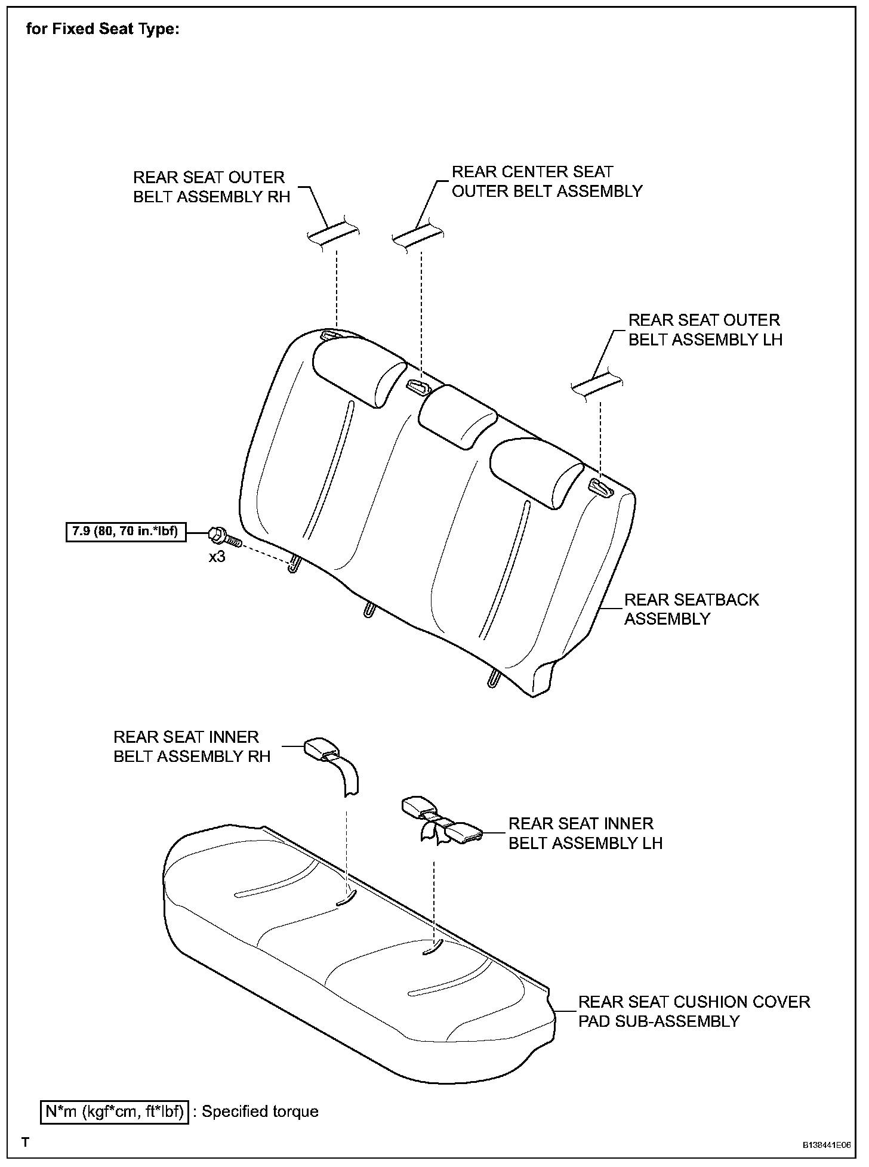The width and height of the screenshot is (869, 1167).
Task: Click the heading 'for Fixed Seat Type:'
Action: pos(102,29)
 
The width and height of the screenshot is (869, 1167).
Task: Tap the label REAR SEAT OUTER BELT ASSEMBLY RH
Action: pos(211,187)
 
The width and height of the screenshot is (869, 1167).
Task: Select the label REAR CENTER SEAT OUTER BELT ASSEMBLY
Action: pos(546,181)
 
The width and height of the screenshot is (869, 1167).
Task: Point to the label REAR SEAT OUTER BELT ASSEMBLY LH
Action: pos(705,329)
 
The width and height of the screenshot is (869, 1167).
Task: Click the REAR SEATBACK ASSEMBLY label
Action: pos(691,609)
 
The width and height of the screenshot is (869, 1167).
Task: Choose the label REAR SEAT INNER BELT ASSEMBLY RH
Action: pos(192,746)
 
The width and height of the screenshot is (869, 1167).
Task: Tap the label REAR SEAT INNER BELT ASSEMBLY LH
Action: pos(585,833)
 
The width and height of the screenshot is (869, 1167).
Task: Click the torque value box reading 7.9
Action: pos(126,531)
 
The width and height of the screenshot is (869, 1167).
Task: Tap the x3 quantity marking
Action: pos(217,558)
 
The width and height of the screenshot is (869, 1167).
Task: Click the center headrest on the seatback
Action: pos(458,416)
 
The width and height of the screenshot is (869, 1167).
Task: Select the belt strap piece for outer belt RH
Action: pos(333,233)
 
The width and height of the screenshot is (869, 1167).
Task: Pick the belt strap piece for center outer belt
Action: pos(417,234)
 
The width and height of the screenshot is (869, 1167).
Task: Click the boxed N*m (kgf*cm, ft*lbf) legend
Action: pos(115,1112)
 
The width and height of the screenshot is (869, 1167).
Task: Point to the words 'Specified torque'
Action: pos(260,1112)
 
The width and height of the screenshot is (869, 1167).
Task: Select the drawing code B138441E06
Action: pos(826,1146)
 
